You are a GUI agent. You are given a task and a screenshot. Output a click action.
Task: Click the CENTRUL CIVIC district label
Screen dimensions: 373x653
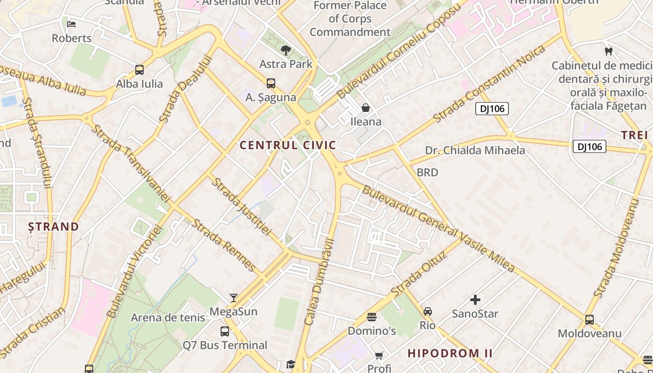[288, 145]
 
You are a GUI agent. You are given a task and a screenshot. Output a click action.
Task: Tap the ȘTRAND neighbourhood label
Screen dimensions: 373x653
[53, 227]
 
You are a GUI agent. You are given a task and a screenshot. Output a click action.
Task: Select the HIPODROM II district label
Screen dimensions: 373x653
[450, 353]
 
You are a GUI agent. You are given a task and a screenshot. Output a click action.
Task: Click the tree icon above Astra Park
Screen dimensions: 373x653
[286, 50]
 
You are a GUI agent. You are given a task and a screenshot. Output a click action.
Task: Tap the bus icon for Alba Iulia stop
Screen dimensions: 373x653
[139, 70]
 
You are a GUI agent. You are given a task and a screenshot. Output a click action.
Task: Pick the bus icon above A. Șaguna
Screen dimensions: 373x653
[271, 83]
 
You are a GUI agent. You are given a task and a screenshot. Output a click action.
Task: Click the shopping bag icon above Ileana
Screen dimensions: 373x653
[366, 108]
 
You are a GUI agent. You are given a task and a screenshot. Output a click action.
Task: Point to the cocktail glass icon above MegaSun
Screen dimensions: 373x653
[234, 297]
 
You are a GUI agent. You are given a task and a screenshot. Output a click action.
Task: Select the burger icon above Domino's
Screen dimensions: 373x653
[372, 317]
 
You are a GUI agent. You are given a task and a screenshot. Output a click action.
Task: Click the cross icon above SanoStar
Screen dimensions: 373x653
[475, 300]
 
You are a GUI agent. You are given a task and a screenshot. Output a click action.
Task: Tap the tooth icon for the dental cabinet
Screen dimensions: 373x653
[608, 51]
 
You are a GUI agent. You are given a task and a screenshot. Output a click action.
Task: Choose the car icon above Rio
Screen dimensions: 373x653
[427, 311]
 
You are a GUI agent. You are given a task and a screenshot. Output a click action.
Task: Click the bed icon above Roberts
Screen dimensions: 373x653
[71, 24]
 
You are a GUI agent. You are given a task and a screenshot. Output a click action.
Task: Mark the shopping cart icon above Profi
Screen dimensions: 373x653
[379, 355]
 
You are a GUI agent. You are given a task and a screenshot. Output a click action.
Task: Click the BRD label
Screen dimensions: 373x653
[427, 173]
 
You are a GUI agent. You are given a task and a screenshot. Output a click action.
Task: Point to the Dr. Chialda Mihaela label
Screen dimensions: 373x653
[475, 150]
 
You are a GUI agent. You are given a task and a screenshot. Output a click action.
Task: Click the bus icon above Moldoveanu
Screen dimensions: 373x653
[590, 320]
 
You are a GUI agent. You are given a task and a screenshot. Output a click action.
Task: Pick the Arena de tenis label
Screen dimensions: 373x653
[167, 318]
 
